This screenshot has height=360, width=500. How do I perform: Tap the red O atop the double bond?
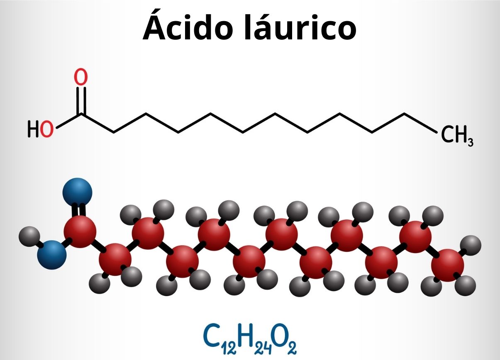coord(80,77)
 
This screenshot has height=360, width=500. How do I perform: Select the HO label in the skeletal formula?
coord(40,129)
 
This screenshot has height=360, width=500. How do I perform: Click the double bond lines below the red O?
coord(81,101)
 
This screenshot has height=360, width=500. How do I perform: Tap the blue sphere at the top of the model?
coord(77,192)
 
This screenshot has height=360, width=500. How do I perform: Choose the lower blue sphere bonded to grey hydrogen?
coord(52,255)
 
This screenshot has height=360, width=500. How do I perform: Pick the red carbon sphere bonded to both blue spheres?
coord(80,231)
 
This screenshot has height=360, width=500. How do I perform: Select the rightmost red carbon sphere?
coord(448,265)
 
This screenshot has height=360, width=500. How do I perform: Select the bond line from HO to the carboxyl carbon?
coord(69,121)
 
